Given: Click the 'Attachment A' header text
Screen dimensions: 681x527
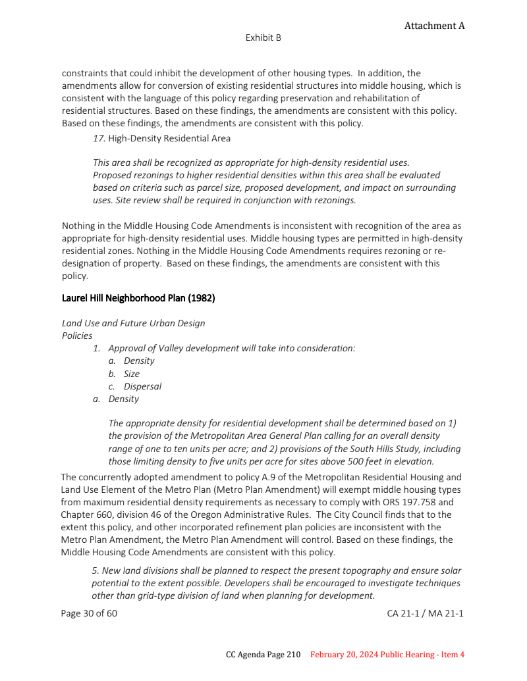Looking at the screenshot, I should (434, 26).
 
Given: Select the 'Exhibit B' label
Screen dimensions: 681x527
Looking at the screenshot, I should (263, 38).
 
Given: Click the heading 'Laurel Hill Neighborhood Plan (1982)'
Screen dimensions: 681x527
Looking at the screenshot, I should (138, 298).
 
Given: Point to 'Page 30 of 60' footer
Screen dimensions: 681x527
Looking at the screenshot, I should (89, 613).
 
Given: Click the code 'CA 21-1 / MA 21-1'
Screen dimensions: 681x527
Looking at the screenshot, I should (425, 613).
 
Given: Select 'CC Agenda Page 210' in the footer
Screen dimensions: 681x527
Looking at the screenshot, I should (263, 655).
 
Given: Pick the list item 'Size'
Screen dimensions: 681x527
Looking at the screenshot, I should (132, 374).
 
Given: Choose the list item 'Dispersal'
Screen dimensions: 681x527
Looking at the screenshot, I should (142, 386).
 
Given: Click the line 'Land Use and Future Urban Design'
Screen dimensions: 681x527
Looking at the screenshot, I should (133, 323).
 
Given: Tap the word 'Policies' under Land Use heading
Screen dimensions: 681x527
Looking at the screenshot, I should (77, 336).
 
